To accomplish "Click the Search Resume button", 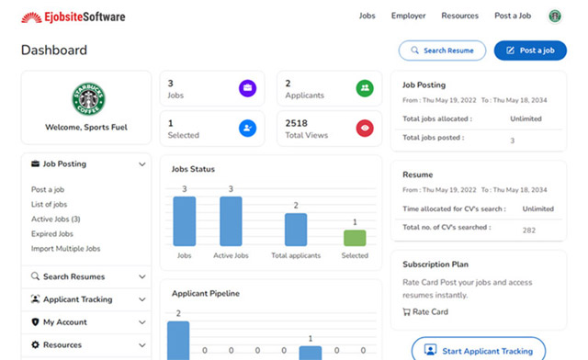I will [442, 51].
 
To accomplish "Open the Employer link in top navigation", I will [408, 16].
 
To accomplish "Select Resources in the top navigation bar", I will [459, 16].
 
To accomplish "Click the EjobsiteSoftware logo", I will [73, 17].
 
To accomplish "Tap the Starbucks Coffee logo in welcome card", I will [87, 97].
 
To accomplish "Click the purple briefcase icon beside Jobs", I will [247, 89].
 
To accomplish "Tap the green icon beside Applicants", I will [365, 89].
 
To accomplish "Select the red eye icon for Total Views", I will [365, 129].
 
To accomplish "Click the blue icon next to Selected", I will [247, 129].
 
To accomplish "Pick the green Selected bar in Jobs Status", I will [355, 238].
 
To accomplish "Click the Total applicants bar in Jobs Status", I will [296, 230].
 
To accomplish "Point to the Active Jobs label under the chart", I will [231, 255].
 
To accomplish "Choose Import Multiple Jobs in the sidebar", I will [65, 249].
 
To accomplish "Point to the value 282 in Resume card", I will [528, 231].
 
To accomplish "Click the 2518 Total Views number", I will [296, 123].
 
